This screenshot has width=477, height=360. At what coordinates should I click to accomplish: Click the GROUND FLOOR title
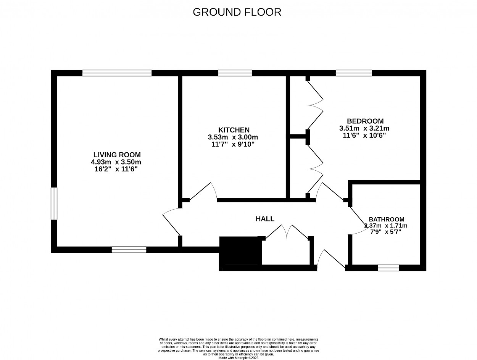click(x=237, y=12)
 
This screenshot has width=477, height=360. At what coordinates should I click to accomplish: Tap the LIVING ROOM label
click(x=117, y=155)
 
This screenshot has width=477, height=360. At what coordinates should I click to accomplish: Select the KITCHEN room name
click(x=234, y=130)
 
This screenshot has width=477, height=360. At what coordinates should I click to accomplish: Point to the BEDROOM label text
click(x=365, y=121)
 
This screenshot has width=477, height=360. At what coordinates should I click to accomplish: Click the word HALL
click(x=265, y=219)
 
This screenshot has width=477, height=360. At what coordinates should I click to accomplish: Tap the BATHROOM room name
click(x=387, y=220)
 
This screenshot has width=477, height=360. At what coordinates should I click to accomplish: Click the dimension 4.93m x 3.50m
click(x=116, y=162)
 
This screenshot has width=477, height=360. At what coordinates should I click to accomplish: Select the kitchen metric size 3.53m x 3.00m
click(x=233, y=137)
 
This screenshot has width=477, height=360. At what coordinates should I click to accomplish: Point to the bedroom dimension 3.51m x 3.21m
click(x=364, y=128)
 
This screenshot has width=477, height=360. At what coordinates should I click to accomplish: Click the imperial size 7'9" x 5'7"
click(x=386, y=232)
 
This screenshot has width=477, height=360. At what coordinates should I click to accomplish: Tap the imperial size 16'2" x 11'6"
click(x=116, y=169)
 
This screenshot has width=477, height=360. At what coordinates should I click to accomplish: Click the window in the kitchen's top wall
click(x=235, y=73)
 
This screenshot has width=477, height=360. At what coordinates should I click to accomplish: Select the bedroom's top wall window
click(x=354, y=73)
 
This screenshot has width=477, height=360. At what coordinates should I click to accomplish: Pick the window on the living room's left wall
click(x=54, y=204)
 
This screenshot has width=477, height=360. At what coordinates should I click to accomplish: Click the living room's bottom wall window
click(x=129, y=250)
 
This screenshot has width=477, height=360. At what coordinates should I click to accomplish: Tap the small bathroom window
click(x=388, y=268)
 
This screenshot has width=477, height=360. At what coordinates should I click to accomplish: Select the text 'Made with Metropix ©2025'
click(x=238, y=358)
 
